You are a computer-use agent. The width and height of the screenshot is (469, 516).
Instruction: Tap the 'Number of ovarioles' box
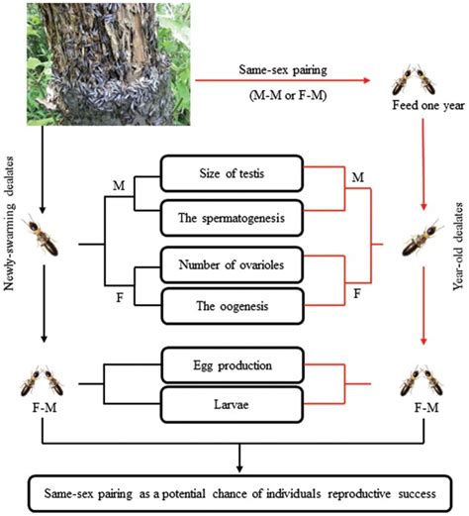pos(234,266)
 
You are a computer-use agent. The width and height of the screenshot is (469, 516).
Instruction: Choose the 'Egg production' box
pos(234,367)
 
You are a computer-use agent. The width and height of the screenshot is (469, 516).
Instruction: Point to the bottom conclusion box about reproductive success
pos(234,490)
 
